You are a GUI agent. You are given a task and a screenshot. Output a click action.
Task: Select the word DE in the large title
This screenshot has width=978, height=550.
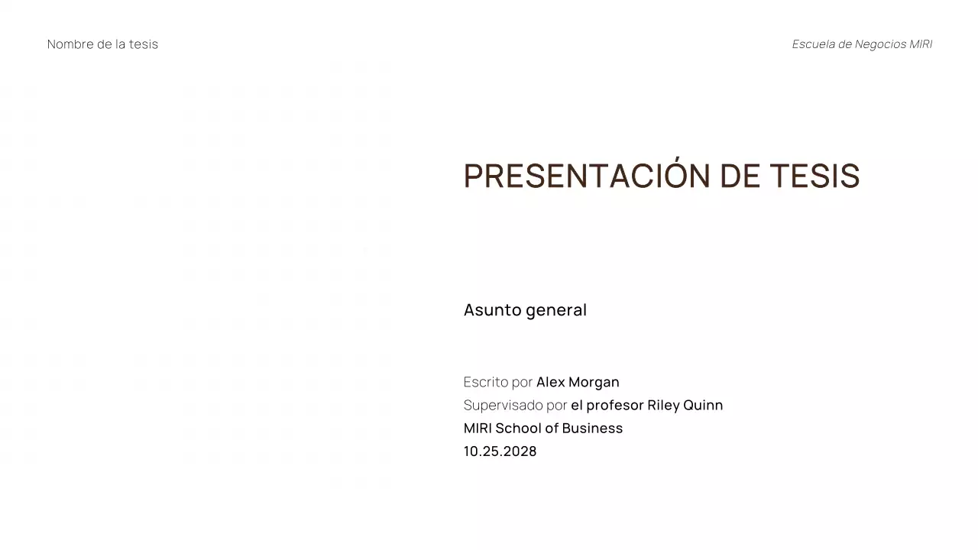click(x=740, y=176)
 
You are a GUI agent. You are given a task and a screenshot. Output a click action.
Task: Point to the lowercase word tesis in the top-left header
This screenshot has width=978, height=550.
click(x=144, y=44)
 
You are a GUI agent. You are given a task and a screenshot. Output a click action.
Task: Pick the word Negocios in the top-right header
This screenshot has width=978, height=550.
click(x=880, y=44)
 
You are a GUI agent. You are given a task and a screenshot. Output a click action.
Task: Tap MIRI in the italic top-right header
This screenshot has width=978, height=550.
click(x=921, y=44)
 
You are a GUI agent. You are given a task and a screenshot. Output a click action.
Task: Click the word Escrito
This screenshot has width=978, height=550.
click(x=486, y=382)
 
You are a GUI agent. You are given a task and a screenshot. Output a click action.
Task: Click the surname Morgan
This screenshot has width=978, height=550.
click(x=594, y=382)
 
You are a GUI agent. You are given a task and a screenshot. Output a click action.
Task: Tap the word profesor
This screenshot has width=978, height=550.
click(x=615, y=405)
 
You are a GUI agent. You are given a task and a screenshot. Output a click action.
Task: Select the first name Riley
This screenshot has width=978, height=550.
click(x=663, y=405)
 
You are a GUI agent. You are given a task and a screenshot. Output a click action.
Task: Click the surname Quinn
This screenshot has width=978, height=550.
click(x=703, y=405)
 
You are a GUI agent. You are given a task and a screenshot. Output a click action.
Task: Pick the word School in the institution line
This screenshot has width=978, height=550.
click(x=518, y=428)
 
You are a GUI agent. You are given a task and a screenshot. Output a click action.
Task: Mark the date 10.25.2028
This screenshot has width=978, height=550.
click(x=500, y=451)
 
